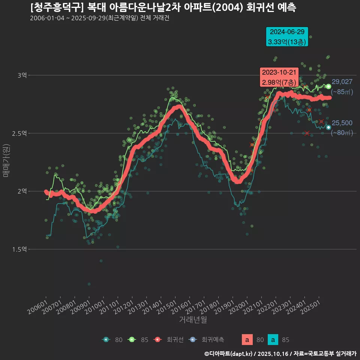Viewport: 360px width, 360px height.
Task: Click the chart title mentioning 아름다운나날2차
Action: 163,7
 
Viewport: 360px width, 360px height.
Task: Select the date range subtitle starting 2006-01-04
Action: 99,18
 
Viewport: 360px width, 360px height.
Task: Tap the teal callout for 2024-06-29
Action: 287,37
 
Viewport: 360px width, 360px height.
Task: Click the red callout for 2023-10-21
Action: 279,77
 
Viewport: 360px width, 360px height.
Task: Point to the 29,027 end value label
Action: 342,82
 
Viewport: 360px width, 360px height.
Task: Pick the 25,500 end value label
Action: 342,123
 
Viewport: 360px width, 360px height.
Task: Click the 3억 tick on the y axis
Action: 22,75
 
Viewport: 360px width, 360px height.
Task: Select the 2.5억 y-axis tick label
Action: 19,133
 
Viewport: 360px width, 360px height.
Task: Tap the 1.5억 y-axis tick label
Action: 19,249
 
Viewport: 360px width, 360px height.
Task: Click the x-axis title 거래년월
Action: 193,319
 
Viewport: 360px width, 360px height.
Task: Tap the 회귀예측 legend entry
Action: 212,340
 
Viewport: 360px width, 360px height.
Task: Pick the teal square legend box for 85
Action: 273,340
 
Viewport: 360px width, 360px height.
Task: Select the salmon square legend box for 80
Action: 247,340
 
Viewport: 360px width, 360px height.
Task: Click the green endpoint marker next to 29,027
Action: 328,86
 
